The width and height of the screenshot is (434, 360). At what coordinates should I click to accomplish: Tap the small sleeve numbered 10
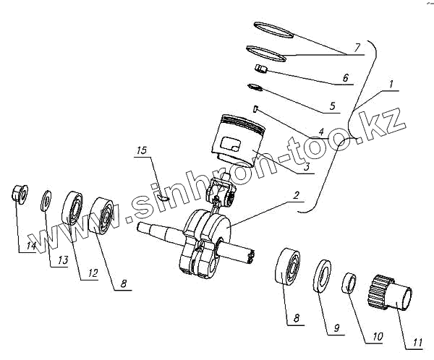[x=348, y=283]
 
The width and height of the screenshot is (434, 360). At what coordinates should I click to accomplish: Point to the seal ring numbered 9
[x=321, y=275]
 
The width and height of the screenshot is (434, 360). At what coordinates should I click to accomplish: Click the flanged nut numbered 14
[x=19, y=194]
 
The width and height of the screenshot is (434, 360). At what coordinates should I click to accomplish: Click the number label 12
[x=93, y=273]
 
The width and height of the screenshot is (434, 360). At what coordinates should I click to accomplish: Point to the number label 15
[x=142, y=151]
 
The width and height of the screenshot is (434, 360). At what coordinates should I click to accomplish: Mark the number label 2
[x=296, y=195]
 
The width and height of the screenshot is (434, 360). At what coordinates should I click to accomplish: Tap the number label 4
[x=320, y=132]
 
